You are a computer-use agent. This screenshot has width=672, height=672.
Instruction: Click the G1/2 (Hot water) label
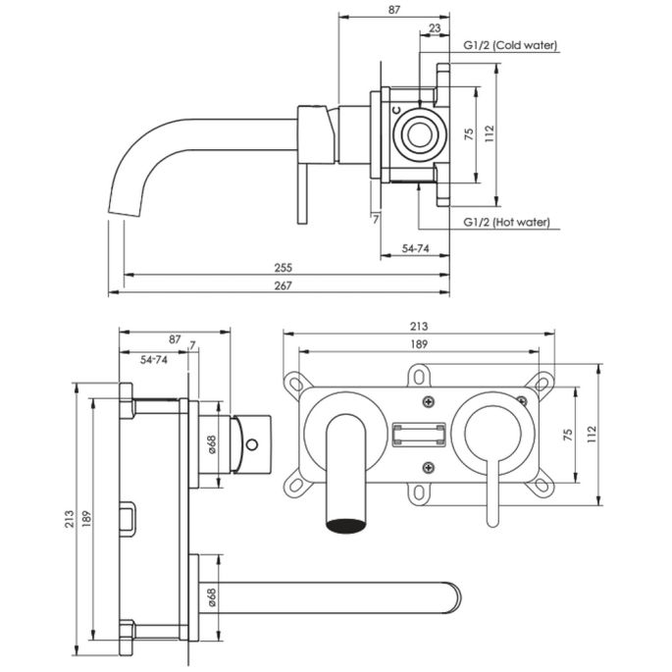[507, 223]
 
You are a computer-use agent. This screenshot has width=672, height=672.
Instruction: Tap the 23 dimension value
[435, 30]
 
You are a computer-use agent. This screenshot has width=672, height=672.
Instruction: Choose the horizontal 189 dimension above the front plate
[418, 343]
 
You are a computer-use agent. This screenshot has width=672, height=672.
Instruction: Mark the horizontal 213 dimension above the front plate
[418, 327]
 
